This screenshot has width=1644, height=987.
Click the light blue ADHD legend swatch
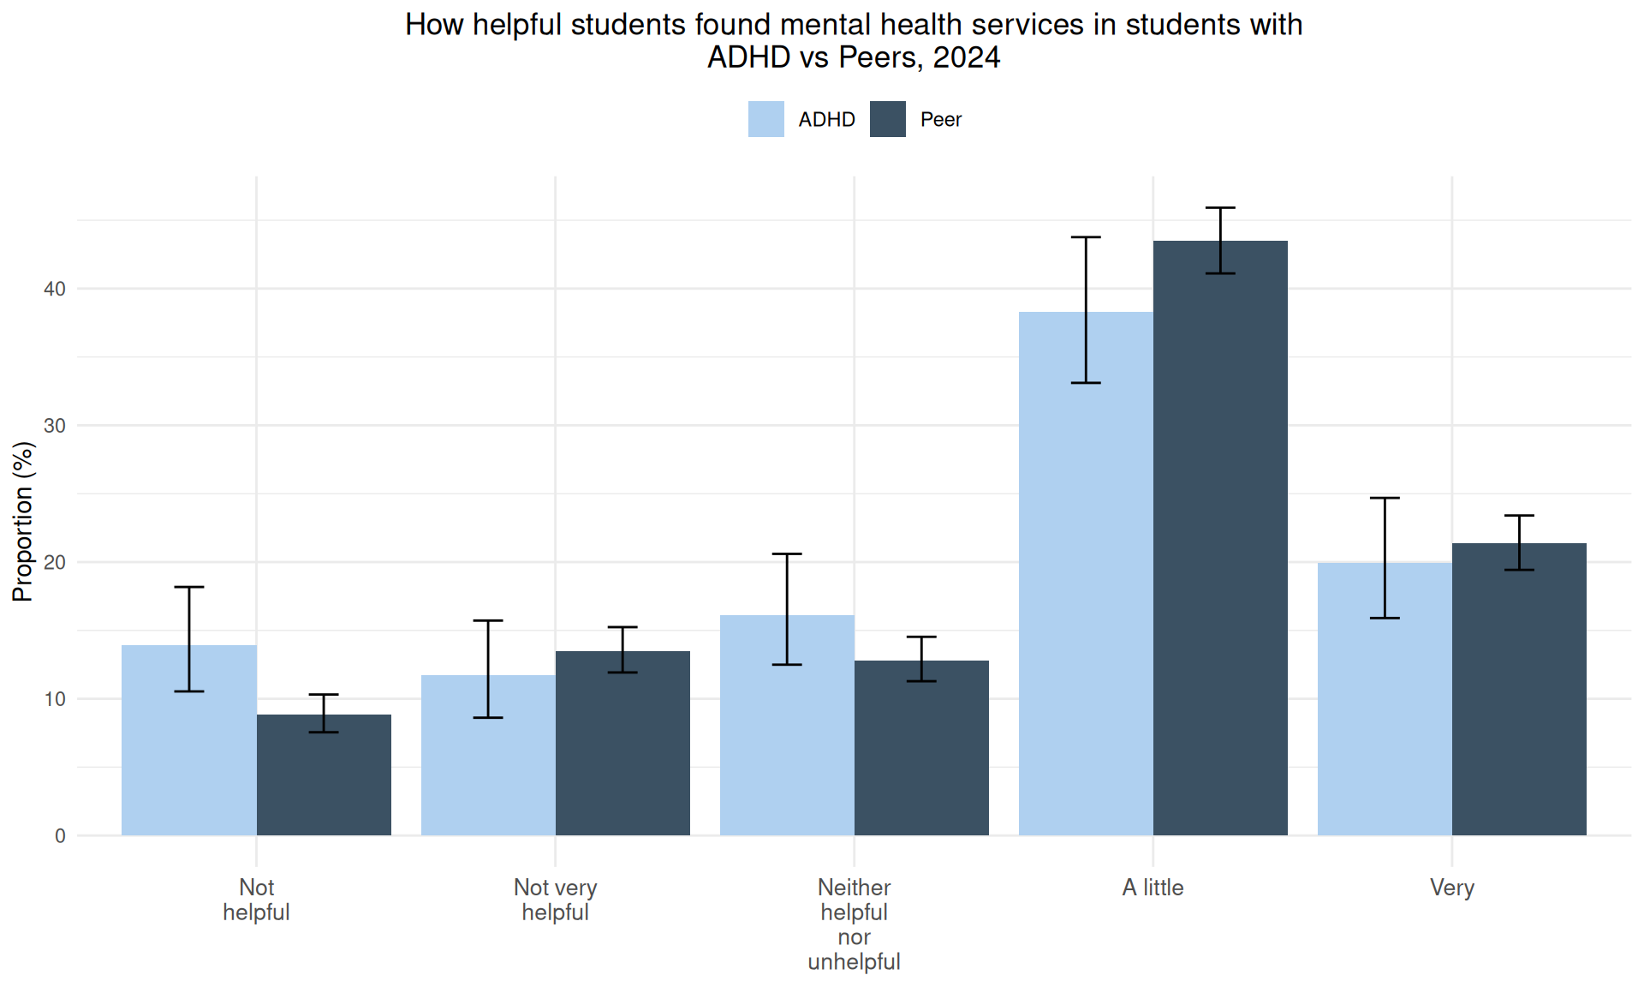(x=765, y=119)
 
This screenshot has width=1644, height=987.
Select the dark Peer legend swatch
(x=887, y=119)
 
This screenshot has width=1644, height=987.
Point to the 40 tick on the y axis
(x=55, y=289)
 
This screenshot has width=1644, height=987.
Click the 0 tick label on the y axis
(x=60, y=836)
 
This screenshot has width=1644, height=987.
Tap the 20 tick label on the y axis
(x=55, y=562)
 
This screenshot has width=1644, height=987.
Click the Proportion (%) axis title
(x=23, y=521)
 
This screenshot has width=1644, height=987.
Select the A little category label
(x=1153, y=888)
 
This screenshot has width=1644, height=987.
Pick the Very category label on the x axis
(x=1451, y=888)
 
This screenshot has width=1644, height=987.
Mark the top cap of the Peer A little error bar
(x=1220, y=207)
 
